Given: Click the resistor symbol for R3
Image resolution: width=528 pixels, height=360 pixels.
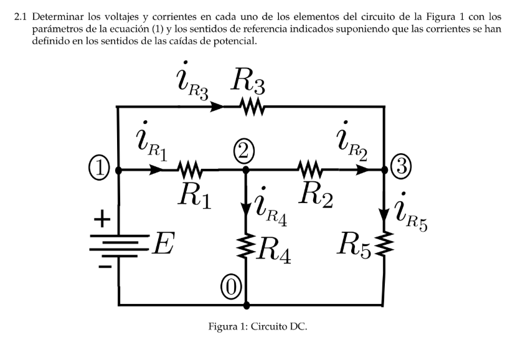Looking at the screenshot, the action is click(x=252, y=107).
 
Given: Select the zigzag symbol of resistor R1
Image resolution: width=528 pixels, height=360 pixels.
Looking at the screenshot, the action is click(x=189, y=170).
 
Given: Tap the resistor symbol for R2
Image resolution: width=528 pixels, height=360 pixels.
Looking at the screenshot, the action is click(x=310, y=170).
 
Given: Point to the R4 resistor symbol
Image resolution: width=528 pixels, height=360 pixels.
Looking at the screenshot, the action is click(x=246, y=246).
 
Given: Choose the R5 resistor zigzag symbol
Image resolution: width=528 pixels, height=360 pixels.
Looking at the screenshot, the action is click(x=384, y=243).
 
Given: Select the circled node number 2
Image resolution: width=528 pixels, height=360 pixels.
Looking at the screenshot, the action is click(x=244, y=152).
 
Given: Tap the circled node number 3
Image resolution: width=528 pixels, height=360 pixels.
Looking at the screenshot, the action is click(x=401, y=166).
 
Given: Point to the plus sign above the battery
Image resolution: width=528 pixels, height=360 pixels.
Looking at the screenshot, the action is click(x=102, y=219).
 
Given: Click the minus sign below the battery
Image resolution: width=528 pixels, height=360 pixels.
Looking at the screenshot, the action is click(x=105, y=267).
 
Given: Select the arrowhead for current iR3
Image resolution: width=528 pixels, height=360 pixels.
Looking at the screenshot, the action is click(x=216, y=107).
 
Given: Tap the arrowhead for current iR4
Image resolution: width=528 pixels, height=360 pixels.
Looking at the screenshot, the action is click(x=246, y=210).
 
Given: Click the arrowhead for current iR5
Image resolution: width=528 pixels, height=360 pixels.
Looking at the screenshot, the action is click(x=384, y=214).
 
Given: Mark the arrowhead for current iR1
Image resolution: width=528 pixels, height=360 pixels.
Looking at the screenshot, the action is click(x=156, y=170).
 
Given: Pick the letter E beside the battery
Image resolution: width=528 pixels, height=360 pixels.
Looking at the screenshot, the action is click(x=163, y=244).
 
